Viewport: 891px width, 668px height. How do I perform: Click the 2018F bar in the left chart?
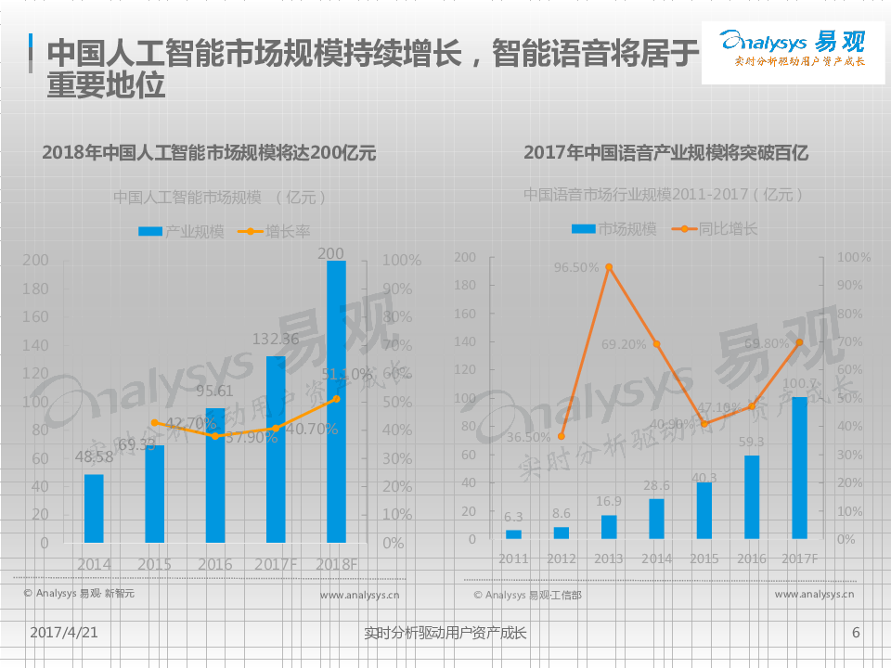pos(336,401)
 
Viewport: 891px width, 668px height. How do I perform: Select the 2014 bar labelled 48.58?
pos(94,508)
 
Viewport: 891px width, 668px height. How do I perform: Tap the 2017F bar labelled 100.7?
pos(798,468)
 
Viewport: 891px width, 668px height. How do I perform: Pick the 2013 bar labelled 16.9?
pos(609,527)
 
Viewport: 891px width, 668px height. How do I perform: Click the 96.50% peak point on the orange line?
pos(609,267)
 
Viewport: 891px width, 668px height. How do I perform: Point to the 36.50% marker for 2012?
pos(561,436)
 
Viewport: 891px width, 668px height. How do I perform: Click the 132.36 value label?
pos(276,340)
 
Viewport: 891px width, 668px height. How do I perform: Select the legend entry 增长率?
pos(275,232)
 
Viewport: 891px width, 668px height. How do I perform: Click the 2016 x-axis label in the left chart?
pos(214,564)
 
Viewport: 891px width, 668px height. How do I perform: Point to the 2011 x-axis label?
pos(513,559)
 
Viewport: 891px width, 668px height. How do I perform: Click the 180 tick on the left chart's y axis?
pos(35,289)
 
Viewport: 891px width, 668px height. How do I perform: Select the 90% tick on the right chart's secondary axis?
pos(854,285)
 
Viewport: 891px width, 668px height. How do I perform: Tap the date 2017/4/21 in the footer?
pos(64,633)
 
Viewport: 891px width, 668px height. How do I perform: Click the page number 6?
pos(856,633)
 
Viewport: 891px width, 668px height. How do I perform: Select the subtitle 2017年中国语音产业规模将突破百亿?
pos(665,153)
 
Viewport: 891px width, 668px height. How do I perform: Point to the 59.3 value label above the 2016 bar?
pos(753,443)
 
